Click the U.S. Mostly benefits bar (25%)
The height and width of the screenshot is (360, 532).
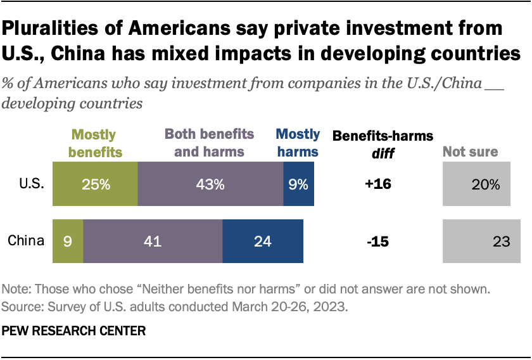[x=95, y=184]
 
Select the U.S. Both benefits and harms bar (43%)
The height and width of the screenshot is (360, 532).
[x=210, y=184]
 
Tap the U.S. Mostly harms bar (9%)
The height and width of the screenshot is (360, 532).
[x=299, y=184]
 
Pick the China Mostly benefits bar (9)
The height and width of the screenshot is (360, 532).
[x=68, y=241]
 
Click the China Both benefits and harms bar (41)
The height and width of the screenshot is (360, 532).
[x=153, y=241]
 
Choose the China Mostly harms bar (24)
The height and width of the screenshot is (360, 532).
[x=263, y=241]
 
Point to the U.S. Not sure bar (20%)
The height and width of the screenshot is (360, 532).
[x=476, y=184]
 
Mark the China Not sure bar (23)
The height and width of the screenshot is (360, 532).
[x=481, y=241]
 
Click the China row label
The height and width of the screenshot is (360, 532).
[x=26, y=241]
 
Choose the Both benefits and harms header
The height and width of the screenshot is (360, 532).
[x=210, y=143]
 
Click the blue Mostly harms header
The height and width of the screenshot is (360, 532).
[x=298, y=143]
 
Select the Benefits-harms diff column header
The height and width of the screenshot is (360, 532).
[x=383, y=143]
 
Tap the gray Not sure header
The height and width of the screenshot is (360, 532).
[x=470, y=151]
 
